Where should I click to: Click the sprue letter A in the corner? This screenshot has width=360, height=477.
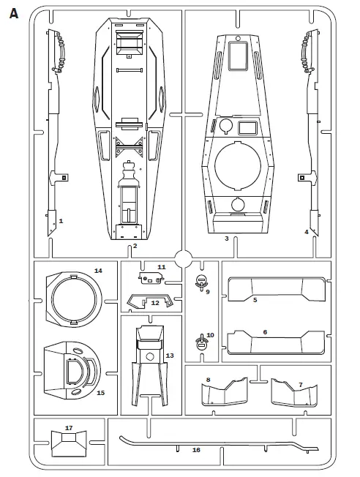click(14, 13)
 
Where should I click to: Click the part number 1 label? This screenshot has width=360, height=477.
click(61, 221)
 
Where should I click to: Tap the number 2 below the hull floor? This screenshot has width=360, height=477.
click(135, 246)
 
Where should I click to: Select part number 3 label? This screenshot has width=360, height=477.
click(226, 238)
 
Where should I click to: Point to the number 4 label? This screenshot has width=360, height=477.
click(307, 232)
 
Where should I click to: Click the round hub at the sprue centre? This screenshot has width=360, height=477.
click(183, 259)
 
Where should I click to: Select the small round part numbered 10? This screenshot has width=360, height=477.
click(201, 342)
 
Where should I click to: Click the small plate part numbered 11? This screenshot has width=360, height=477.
click(151, 278)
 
